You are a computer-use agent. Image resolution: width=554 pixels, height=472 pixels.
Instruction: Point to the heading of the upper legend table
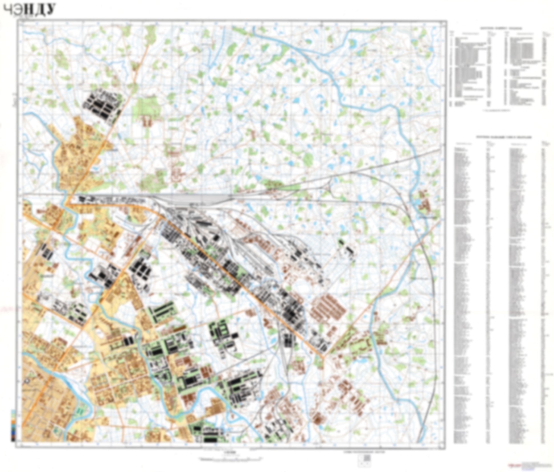[501, 29]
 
